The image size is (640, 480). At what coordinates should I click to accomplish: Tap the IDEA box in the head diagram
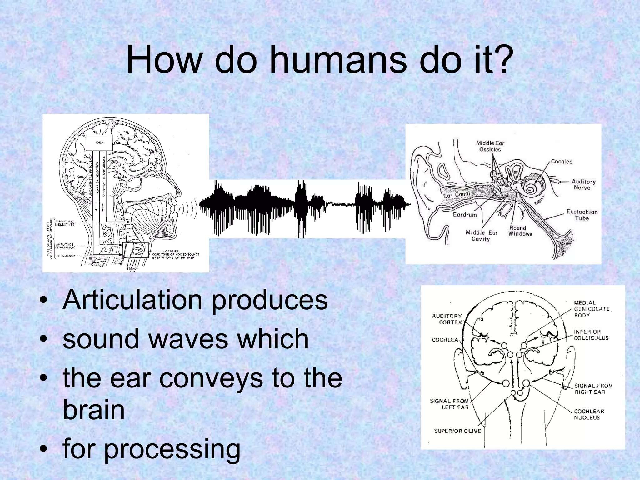pos(99,143)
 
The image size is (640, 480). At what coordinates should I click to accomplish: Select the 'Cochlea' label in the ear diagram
pos(562,162)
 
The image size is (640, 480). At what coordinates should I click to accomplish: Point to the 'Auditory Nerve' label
pos(583,184)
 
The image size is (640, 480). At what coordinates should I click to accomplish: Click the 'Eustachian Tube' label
pos(582,215)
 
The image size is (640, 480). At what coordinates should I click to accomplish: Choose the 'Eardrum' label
pos(465,215)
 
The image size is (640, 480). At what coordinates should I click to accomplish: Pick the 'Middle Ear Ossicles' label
pos(490,146)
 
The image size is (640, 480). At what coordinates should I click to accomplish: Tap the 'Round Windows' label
pos(520,231)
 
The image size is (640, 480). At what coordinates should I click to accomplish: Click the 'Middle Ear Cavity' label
pos(481,236)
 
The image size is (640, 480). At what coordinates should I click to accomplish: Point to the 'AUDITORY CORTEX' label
pos(447,319)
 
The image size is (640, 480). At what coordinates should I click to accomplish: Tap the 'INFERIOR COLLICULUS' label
pos(591,335)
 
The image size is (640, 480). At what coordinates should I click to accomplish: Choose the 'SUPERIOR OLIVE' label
pos(457,431)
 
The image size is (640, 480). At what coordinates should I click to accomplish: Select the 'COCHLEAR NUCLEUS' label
pos(589,414)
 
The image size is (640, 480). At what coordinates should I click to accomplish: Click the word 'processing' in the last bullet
pos(172,449)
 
